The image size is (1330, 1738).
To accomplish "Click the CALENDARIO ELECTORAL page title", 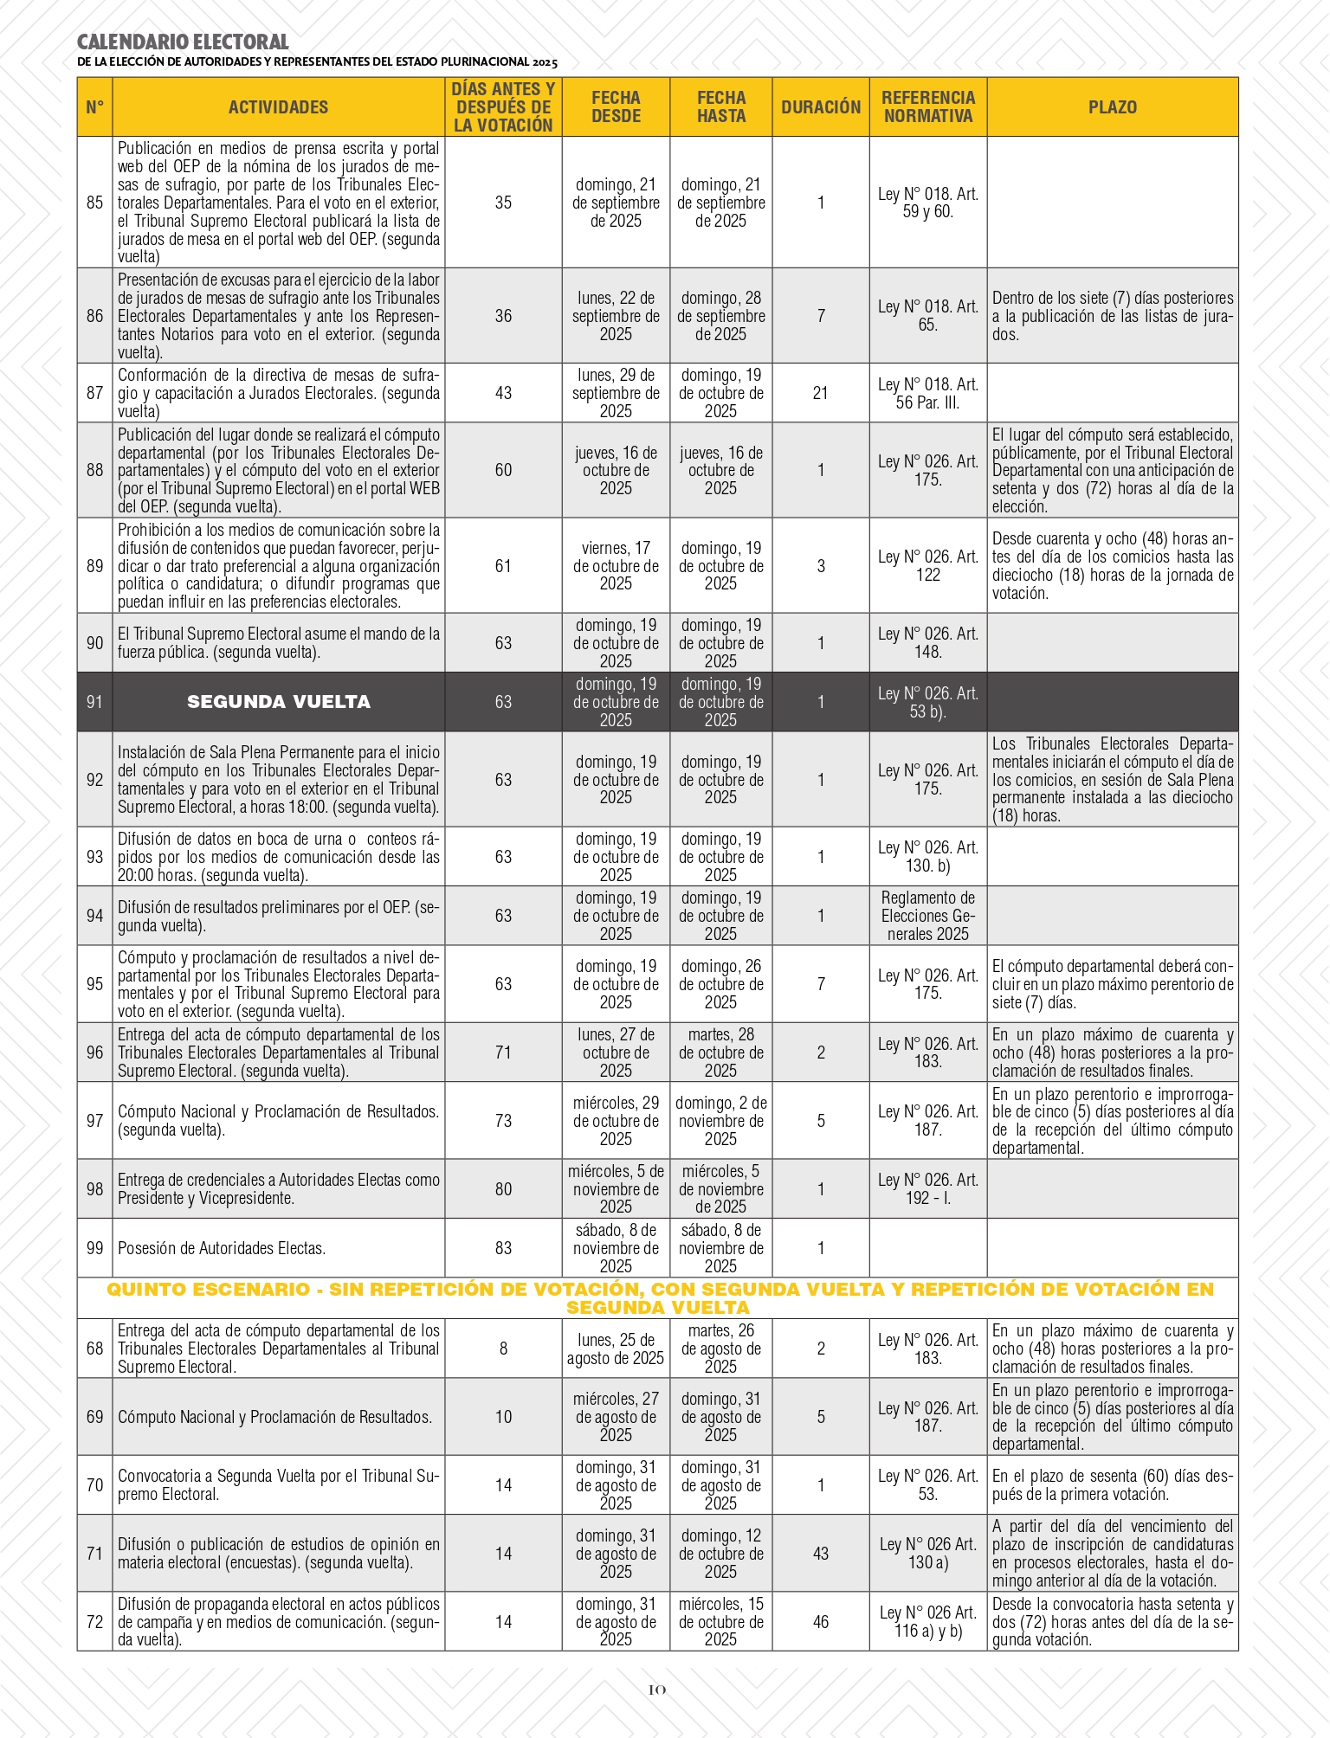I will pyautogui.click(x=183, y=42).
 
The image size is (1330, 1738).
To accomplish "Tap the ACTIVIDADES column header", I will pyautogui.click(x=278, y=107).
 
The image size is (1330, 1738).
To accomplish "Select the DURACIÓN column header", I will pyautogui.click(x=820, y=107).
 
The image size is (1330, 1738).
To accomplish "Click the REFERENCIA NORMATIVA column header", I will pyautogui.click(x=928, y=107).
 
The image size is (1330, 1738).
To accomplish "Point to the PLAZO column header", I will pyautogui.click(x=1112, y=107).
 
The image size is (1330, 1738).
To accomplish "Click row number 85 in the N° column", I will pyautogui.click(x=94, y=203).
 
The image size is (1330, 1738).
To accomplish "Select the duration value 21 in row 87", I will pyautogui.click(x=820, y=393).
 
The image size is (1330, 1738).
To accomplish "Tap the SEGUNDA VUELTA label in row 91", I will pyautogui.click(x=278, y=702).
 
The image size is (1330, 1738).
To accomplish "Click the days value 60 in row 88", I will pyautogui.click(x=503, y=470).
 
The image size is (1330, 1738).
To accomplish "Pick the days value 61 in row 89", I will pyautogui.click(x=503, y=566).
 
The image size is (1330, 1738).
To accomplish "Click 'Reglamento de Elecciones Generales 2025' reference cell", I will pyautogui.click(x=928, y=916).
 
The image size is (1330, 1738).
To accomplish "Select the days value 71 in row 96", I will pyautogui.click(x=503, y=1052).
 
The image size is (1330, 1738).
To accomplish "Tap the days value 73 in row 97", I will pyautogui.click(x=503, y=1121).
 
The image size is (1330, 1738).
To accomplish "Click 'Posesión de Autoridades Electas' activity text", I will pyautogui.click(x=222, y=1248).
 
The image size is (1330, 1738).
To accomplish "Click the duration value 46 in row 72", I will pyautogui.click(x=820, y=1622).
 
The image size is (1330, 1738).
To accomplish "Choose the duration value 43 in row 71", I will pyautogui.click(x=820, y=1554).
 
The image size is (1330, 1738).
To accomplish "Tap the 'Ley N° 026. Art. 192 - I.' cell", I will pyautogui.click(x=928, y=1189).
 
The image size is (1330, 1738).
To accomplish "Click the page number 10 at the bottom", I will pyautogui.click(x=657, y=1690).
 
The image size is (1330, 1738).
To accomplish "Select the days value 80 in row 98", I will pyautogui.click(x=503, y=1189).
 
